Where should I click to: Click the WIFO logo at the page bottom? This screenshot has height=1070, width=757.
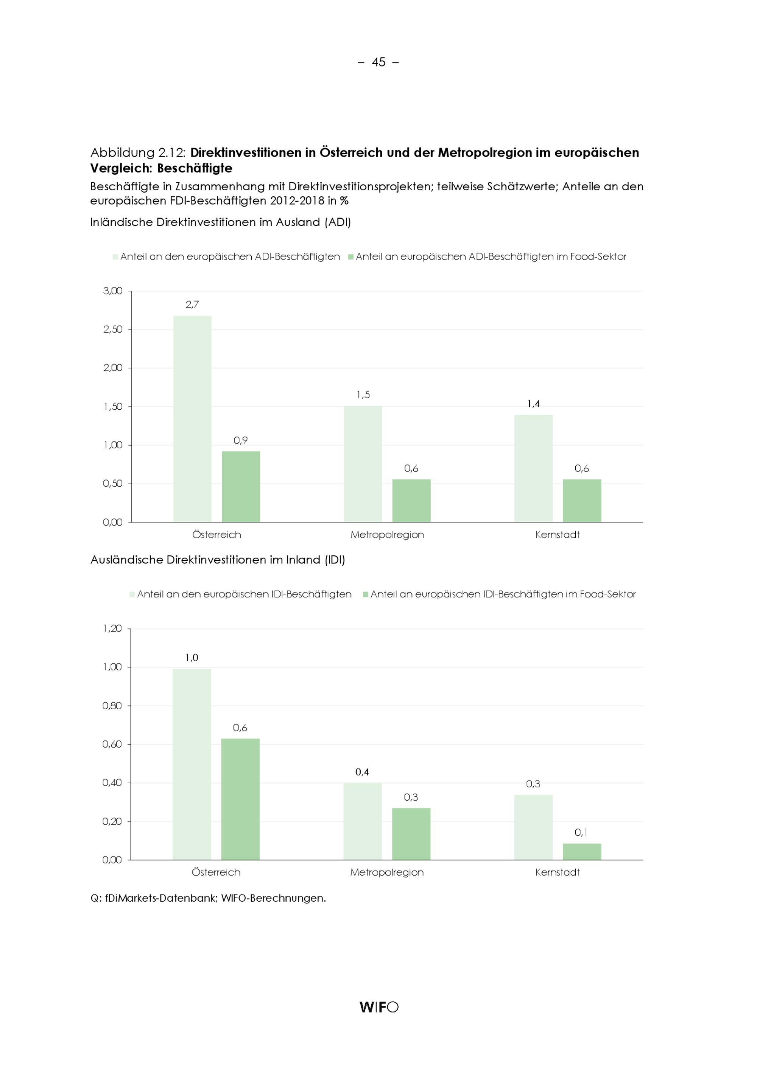pyautogui.click(x=379, y=1007)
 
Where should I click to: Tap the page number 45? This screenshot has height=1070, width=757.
pyautogui.click(x=378, y=62)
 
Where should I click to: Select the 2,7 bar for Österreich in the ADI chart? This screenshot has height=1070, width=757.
pyautogui.click(x=193, y=419)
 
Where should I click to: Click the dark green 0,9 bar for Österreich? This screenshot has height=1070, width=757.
pyautogui.click(x=241, y=487)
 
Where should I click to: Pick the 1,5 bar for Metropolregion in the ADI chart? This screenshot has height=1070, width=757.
pyautogui.click(x=363, y=464)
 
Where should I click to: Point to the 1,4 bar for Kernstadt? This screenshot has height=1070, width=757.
pyautogui.click(x=534, y=468)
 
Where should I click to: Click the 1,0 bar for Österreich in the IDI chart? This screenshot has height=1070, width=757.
pyautogui.click(x=192, y=764)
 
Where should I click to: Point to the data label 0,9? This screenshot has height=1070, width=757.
pyautogui.click(x=240, y=440)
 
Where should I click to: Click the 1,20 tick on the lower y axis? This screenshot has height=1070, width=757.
pyautogui.click(x=112, y=629)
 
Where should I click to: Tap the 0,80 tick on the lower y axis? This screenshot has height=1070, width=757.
pyautogui.click(x=112, y=706)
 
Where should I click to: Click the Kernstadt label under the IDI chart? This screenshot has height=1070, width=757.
pyautogui.click(x=558, y=872)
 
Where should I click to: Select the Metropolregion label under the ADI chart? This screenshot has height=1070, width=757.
pyautogui.click(x=387, y=535)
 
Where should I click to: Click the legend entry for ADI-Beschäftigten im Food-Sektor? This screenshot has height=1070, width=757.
pyautogui.click(x=487, y=257)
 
